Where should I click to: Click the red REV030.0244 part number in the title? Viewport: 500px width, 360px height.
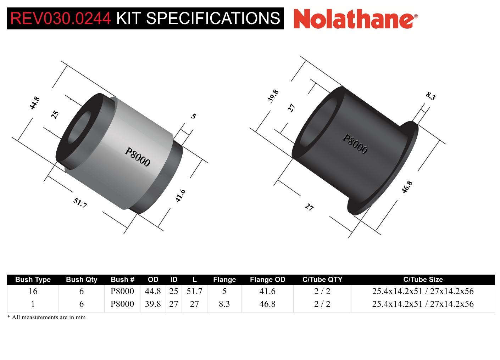[x=61, y=18]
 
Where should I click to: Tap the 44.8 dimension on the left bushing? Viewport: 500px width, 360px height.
[x=34, y=103]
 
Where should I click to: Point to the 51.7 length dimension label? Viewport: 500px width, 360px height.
[x=80, y=203]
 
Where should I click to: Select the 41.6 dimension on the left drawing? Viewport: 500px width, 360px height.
[x=180, y=196]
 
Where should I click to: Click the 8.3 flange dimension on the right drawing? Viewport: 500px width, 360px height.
[x=430, y=96]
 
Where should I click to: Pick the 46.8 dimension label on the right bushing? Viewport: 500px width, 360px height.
[x=407, y=187]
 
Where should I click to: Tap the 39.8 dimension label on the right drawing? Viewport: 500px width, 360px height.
[x=273, y=96]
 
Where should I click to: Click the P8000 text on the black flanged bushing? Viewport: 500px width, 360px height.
[x=355, y=144]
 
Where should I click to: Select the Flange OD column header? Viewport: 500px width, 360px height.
[x=267, y=280]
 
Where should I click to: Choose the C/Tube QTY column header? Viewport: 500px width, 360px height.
[x=322, y=280]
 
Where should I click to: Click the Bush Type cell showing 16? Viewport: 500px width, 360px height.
[x=33, y=291]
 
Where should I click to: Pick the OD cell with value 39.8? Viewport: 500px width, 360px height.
[x=153, y=304]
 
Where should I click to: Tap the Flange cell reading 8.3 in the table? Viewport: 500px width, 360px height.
[x=224, y=304]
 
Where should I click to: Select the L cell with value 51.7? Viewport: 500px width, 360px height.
[x=194, y=291]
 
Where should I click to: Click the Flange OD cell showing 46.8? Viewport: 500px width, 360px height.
[x=267, y=304]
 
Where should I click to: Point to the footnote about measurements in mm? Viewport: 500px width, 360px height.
[x=46, y=317]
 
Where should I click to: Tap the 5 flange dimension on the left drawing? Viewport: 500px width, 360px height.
[x=193, y=116]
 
